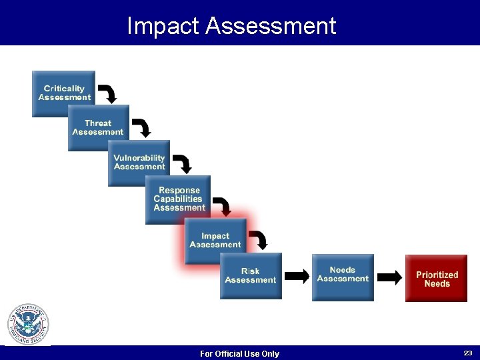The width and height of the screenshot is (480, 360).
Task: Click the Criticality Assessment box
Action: click(63, 93)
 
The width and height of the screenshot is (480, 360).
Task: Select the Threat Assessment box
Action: click(98, 128)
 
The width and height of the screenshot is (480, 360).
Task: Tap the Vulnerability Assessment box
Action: click(139, 163)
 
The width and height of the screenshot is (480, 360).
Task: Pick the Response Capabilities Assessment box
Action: click(178, 199)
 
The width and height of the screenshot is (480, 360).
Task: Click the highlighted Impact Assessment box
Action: click(215, 240)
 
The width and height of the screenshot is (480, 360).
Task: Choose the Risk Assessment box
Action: click(251, 275)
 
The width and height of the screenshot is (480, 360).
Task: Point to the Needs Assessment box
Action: click(343, 275)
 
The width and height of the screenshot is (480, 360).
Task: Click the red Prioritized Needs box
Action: click(437, 278)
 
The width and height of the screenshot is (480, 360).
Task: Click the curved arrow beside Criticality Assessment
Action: click(107, 93)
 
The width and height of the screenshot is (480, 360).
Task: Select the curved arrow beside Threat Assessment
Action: click(141, 127)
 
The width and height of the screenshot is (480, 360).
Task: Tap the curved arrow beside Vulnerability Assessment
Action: click(182, 163)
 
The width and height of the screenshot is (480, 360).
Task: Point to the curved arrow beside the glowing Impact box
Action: click(259, 240)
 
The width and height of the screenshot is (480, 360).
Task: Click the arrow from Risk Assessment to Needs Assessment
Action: click(297, 276)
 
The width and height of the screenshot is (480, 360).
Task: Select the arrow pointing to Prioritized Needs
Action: click(390, 276)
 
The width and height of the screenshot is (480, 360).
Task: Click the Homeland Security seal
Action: click(28, 325)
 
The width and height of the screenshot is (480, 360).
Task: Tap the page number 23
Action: click(467, 352)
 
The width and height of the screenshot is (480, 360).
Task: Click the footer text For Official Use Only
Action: click(240, 353)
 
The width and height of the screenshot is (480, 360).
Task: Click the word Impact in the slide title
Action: click(163, 26)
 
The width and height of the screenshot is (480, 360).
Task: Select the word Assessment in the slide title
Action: click(271, 26)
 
